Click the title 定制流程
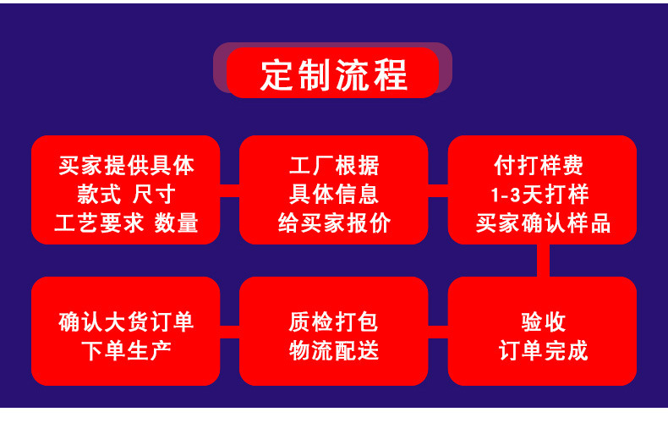tap(333, 74)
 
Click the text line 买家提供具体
tap(126, 164)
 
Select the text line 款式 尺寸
tap(126, 194)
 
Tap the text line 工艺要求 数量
tap(126, 223)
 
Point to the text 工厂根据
tap(334, 164)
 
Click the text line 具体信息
tap(334, 194)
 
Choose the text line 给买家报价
tap(334, 223)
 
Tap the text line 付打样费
tap(542, 164)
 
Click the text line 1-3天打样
tap(542, 194)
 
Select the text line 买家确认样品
tap(542, 223)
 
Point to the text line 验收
tap(542, 321)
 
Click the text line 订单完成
tap(542, 350)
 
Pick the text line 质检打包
tap(334, 321)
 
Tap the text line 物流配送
tap(334, 350)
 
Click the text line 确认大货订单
tap(126, 321)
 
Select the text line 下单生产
tap(126, 350)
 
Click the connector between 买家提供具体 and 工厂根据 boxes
tap(230, 190)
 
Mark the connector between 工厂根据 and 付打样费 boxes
tap(438, 190)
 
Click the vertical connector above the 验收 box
tap(542, 261)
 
